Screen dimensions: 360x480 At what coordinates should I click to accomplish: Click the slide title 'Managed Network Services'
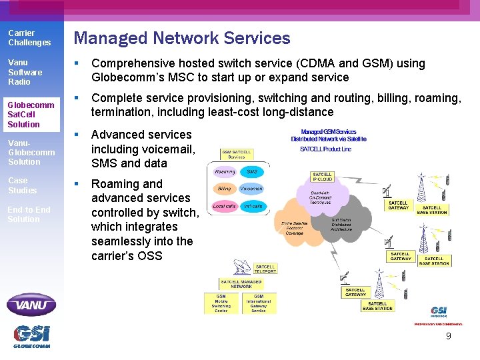[x=182, y=39]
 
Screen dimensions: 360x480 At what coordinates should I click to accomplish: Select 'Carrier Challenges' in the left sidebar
[x=29, y=38]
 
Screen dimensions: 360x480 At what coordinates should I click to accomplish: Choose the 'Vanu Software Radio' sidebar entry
[x=25, y=72]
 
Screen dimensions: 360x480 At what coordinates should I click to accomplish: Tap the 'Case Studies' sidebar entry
[x=22, y=185]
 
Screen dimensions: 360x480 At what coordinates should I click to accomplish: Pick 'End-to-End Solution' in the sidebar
[x=29, y=214]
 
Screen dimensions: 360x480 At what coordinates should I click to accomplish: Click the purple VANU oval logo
[x=31, y=305]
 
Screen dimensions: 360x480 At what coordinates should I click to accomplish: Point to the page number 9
[x=448, y=336]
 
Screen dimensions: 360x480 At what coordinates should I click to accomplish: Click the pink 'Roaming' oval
[x=225, y=172]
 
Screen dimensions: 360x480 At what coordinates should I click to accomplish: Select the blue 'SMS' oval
[x=251, y=172]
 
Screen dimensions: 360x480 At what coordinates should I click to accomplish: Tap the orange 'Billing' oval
[x=225, y=189]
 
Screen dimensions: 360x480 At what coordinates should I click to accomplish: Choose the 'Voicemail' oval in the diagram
[x=251, y=189]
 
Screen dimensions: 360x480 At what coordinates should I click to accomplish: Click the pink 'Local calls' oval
[x=224, y=206]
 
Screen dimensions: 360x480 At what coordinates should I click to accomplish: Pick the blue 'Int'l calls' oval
[x=252, y=206]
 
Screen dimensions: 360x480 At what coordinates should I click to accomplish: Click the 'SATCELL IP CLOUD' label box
[x=322, y=177]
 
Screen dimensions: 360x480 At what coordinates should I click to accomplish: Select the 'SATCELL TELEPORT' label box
[x=265, y=269]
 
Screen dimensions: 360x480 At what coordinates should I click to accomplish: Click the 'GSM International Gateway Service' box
[x=259, y=303]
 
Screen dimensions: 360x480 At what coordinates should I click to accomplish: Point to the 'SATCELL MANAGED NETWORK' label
[x=241, y=284]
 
